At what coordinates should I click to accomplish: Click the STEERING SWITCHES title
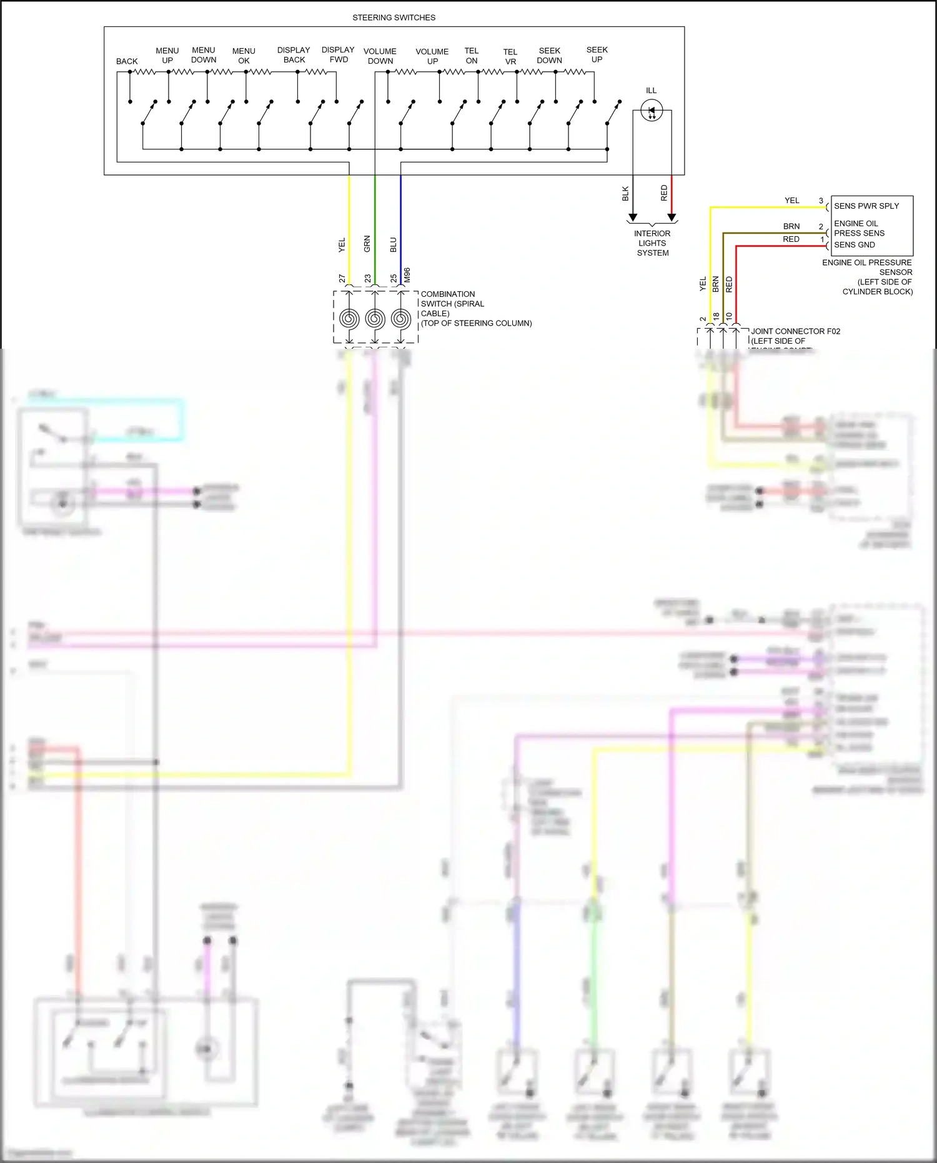click(394, 17)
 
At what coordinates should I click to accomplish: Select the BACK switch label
click(127, 61)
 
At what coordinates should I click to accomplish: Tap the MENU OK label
click(244, 56)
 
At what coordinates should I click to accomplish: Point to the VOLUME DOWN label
click(380, 56)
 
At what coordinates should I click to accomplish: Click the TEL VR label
click(510, 57)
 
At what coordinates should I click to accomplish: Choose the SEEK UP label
click(597, 54)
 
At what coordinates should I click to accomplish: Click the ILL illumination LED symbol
click(652, 112)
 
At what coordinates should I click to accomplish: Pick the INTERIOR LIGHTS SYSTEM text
click(652, 243)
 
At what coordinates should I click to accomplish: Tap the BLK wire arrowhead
click(633, 217)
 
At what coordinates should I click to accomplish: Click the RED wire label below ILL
click(664, 192)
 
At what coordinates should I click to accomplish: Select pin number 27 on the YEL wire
click(342, 278)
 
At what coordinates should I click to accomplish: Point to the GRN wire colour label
click(367, 244)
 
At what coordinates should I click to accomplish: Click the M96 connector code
click(407, 275)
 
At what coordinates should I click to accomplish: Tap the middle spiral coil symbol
click(375, 319)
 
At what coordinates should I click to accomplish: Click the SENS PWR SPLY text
click(866, 206)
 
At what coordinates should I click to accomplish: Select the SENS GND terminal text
click(854, 245)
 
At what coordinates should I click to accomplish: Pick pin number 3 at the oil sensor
click(821, 201)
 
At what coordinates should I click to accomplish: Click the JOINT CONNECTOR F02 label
click(795, 331)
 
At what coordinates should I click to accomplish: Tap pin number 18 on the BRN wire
click(716, 316)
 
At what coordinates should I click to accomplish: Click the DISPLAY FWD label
click(338, 54)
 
